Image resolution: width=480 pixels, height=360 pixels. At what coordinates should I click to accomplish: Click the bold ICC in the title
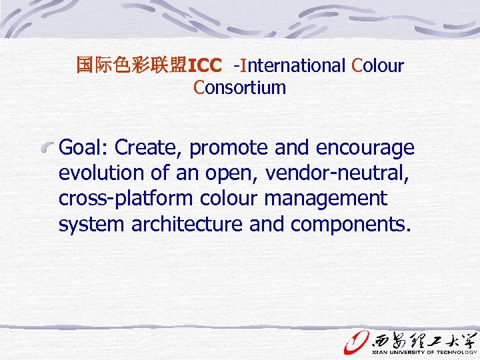[205, 66]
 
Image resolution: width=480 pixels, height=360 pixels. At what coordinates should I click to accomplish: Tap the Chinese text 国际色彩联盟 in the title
[132, 65]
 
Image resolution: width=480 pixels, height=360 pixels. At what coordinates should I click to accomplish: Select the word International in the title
[293, 66]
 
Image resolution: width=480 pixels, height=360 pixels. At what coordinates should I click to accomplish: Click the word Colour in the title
[377, 66]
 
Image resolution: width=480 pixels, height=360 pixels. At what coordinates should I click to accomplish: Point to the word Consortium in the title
[240, 87]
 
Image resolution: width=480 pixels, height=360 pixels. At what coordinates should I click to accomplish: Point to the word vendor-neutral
[337, 173]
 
